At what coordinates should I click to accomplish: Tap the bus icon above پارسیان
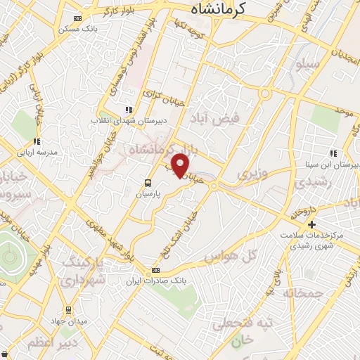click(x=147, y=179)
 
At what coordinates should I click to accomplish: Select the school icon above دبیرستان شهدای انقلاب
click(x=127, y=110)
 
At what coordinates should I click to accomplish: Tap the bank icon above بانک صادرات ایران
click(x=155, y=269)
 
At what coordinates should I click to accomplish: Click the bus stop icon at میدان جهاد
click(x=68, y=309)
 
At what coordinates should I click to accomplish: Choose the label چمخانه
click(x=304, y=292)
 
